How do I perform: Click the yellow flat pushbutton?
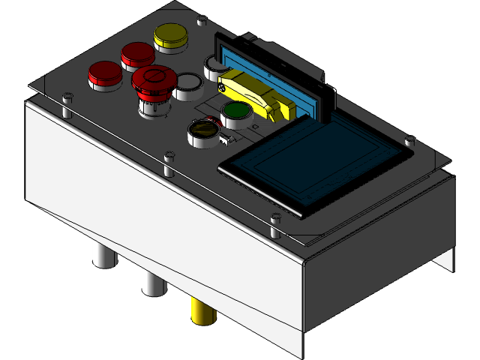170,35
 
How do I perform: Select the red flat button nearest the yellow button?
137,53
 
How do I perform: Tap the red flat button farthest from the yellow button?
104,73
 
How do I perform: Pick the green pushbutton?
236,112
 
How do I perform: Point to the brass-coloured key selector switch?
201,130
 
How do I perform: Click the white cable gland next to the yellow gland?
153,282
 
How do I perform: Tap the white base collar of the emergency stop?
154,106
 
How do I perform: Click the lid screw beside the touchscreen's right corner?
409,140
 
